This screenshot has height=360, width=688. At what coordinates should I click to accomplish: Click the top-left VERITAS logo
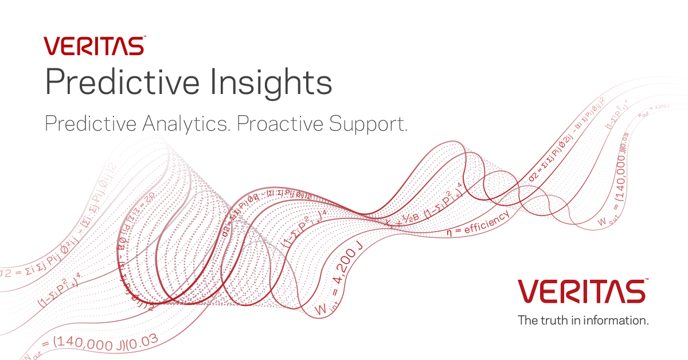(94, 46)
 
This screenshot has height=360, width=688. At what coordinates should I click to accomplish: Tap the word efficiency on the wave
(486, 222)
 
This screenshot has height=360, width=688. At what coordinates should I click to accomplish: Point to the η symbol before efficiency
(451, 233)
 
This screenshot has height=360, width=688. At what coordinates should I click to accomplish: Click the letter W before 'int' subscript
(320, 309)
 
